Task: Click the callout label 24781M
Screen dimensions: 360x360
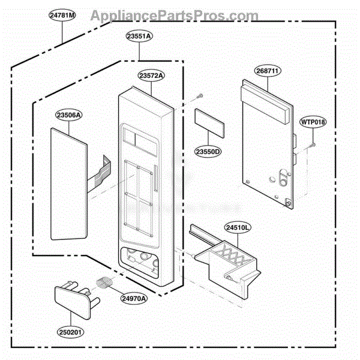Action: click(62, 16)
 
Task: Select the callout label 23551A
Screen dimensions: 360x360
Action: click(139, 36)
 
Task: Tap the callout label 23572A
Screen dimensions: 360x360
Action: click(151, 76)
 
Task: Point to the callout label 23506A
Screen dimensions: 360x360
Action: click(69, 115)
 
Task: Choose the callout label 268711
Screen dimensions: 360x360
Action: click(268, 71)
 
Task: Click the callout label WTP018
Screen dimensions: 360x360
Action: click(313, 122)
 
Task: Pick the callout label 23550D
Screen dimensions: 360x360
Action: click(208, 152)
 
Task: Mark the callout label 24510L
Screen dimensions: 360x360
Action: click(238, 227)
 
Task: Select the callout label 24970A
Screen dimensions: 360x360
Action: click(134, 299)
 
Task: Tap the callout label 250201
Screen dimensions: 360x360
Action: click(70, 332)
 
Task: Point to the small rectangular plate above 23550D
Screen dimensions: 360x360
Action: click(209, 123)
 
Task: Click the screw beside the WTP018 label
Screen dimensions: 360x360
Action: click(312, 145)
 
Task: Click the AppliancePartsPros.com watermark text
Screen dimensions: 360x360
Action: click(175, 16)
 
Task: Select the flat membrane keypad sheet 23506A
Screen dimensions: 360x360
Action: click(69, 184)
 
